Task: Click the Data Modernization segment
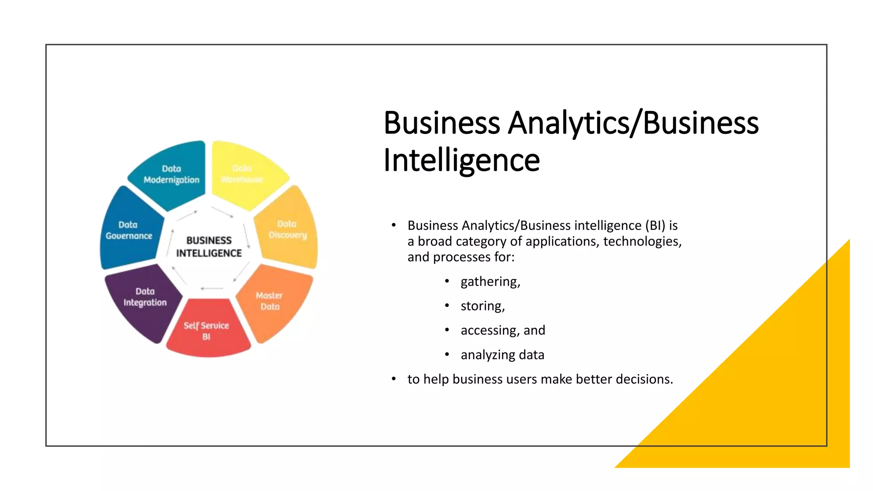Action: [171, 175]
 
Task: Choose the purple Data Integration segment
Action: [145, 297]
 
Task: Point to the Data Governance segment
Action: [129, 230]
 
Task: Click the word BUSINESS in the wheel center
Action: [209, 240]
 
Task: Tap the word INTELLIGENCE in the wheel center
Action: [209, 253]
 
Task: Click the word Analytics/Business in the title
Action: [633, 123]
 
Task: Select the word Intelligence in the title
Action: [462, 160]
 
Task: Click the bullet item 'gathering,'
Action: [490, 282]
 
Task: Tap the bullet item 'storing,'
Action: [483, 306]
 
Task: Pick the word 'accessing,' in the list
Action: [490, 330]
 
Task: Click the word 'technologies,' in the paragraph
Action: [642, 241]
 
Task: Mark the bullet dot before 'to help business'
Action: [394, 378]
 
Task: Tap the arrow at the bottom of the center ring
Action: [211, 289]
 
